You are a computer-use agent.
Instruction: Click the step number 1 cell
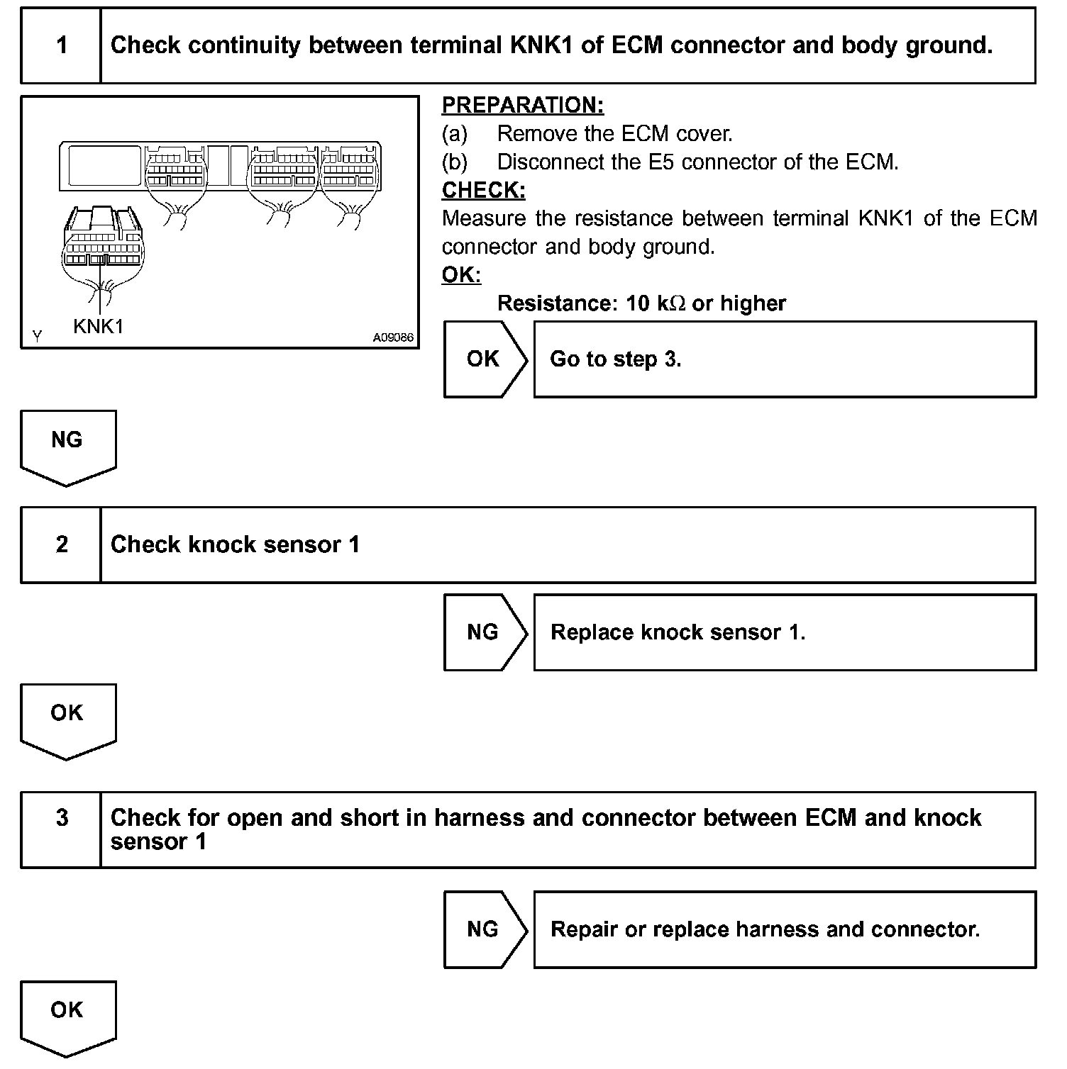(62, 45)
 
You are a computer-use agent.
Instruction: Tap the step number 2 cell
(62, 544)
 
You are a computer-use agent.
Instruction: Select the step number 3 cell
(62, 818)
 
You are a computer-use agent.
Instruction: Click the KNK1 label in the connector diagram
(99, 326)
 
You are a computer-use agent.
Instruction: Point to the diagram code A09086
(393, 337)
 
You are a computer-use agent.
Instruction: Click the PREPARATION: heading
(522, 105)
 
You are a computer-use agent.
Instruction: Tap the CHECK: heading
(483, 190)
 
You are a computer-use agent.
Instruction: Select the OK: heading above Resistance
(461, 275)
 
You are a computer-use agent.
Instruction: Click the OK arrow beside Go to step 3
(483, 359)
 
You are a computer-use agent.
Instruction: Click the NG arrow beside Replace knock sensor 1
(483, 632)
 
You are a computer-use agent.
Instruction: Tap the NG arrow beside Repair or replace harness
(483, 929)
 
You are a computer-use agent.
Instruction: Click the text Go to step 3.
(615, 359)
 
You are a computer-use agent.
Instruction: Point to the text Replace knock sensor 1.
(678, 632)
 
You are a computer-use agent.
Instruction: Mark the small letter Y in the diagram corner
(37, 336)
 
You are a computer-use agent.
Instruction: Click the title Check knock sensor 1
(235, 544)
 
